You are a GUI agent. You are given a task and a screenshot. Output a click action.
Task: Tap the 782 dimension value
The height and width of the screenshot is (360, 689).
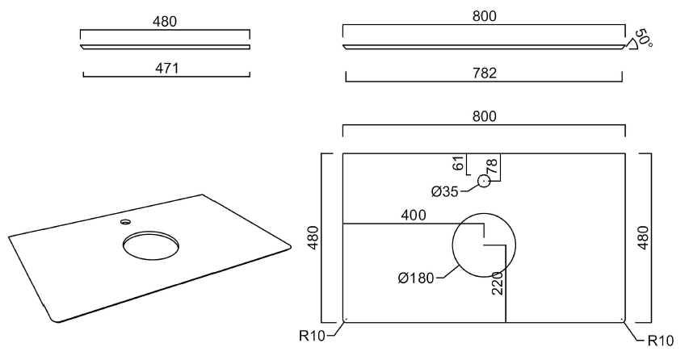(485, 73)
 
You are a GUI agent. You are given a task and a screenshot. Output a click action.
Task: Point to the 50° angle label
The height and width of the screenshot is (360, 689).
(644, 38)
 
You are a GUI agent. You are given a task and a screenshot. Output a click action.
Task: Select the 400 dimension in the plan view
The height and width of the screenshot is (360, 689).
(413, 216)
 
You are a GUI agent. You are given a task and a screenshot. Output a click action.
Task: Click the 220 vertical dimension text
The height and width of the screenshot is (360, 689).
(498, 283)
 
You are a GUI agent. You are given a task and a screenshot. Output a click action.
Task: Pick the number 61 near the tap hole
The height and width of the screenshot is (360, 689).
(459, 164)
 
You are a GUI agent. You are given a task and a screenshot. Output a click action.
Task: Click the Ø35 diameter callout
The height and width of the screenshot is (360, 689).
(445, 191)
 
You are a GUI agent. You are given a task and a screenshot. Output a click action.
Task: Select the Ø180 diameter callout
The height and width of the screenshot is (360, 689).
(415, 279)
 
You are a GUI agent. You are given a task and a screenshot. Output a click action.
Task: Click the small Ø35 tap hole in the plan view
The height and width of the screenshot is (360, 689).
(484, 181)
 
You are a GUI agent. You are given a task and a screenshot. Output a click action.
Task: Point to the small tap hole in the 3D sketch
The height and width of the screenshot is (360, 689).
(125, 220)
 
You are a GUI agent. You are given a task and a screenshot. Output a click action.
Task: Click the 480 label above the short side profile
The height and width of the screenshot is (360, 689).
(165, 21)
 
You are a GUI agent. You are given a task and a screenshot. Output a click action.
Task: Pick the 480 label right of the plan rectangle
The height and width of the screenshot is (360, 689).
(644, 237)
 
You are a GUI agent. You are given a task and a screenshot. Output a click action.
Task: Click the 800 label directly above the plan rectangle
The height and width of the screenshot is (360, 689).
(484, 116)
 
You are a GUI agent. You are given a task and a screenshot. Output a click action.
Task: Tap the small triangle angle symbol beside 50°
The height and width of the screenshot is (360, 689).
(633, 45)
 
